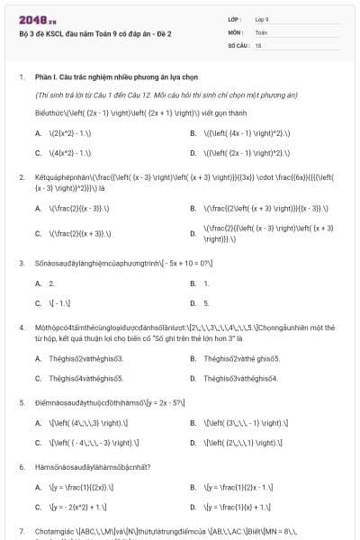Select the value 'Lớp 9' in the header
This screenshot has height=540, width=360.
(262, 19)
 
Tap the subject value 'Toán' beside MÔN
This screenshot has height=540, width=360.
(261, 31)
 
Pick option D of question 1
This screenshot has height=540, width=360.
(238, 152)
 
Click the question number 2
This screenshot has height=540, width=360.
(21, 177)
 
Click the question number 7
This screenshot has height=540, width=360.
(21, 532)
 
